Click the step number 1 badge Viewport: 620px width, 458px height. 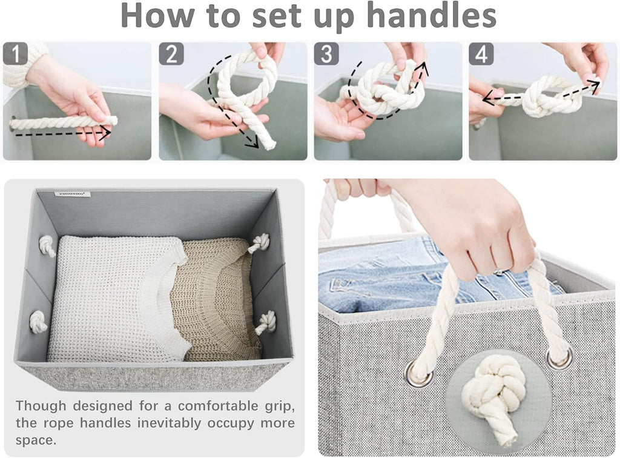(x=15, y=53)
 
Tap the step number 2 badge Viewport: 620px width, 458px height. (x=171, y=54)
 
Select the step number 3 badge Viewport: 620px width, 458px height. (x=326, y=54)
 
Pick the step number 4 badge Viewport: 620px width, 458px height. (x=481, y=54)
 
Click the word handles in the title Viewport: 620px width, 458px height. (x=431, y=15)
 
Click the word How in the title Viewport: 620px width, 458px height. (x=157, y=15)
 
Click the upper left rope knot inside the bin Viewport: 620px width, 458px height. (x=47, y=245)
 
